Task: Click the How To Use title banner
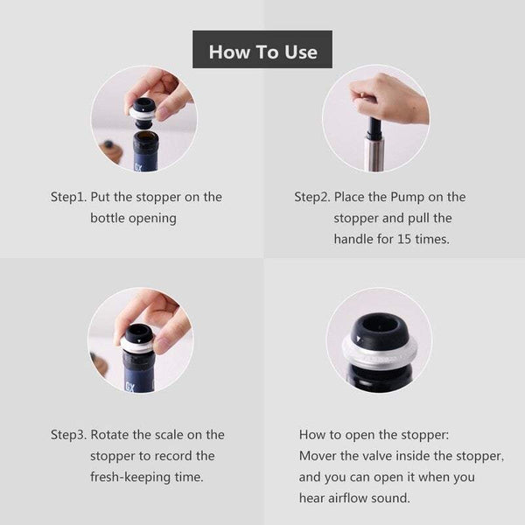pyautogui.click(x=262, y=51)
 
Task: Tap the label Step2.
pyautogui.click(x=311, y=197)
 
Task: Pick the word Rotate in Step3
pyautogui.click(x=112, y=435)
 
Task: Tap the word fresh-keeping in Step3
pyautogui.click(x=130, y=477)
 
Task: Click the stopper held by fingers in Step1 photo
pyautogui.click(x=143, y=109)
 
